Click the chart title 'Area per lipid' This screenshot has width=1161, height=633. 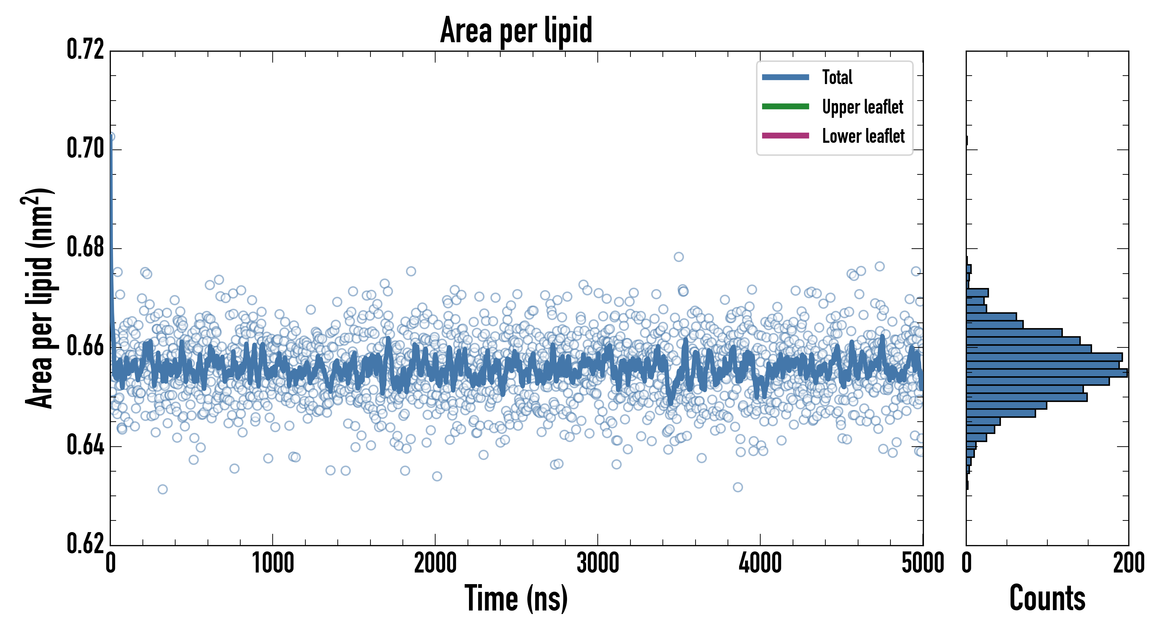pyautogui.click(x=516, y=30)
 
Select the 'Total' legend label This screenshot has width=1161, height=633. pyautogui.click(x=837, y=77)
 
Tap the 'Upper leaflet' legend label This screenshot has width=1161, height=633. pyautogui.click(x=862, y=107)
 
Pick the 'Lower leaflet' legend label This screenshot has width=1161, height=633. pyautogui.click(x=863, y=136)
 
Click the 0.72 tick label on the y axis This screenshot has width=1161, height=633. pyautogui.click(x=85, y=50)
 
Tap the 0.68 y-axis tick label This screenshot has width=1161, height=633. pyautogui.click(x=85, y=247)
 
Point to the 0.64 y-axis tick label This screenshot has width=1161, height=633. pyautogui.click(x=85, y=445)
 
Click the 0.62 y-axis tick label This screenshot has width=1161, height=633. pyautogui.click(x=85, y=543)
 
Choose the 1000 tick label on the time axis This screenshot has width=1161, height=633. pyautogui.click(x=273, y=564)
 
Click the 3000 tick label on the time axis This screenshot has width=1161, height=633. pyautogui.click(x=598, y=564)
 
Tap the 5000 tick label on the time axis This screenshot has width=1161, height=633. pyautogui.click(x=922, y=564)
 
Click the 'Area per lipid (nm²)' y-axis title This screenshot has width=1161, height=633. pyautogui.click(x=38, y=298)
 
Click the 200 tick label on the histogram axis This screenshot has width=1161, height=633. pyautogui.click(x=1128, y=564)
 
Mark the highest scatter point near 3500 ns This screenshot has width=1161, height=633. pyautogui.click(x=679, y=257)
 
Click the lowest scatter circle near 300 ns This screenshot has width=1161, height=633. pyautogui.click(x=163, y=489)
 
